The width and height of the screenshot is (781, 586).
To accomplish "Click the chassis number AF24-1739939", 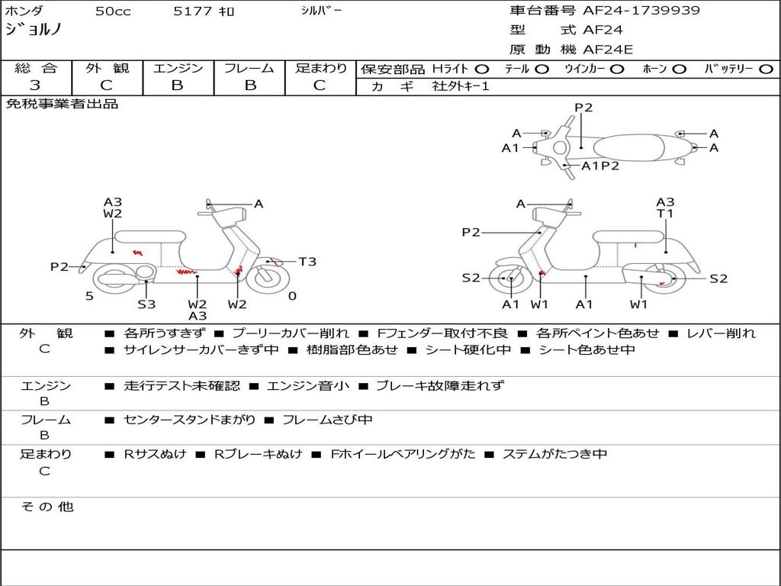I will point(641,11).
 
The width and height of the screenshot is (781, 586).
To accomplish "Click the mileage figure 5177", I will point(194,11).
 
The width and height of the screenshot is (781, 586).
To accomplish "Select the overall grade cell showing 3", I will point(35,85).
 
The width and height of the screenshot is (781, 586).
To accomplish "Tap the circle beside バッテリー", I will point(766,69).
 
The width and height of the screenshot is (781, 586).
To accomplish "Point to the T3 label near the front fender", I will point(307,262).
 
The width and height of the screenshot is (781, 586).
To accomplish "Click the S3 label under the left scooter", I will point(146,304).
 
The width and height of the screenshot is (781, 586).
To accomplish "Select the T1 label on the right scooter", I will point(665,214).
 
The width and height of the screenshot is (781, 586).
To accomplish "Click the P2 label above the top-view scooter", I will point(583,108).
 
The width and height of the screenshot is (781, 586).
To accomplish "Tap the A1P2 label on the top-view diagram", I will point(600,166).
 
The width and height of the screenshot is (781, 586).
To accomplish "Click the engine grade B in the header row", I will point(178,85).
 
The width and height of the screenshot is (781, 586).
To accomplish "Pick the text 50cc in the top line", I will point(111,11).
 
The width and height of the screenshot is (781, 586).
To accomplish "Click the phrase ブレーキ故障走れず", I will point(440,385).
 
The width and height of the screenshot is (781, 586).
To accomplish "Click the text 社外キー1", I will point(461,86).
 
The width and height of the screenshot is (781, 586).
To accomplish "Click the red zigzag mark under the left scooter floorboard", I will point(185,271).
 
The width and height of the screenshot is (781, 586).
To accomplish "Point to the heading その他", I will point(47,507).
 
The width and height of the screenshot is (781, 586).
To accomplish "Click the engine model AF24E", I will point(608,50).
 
